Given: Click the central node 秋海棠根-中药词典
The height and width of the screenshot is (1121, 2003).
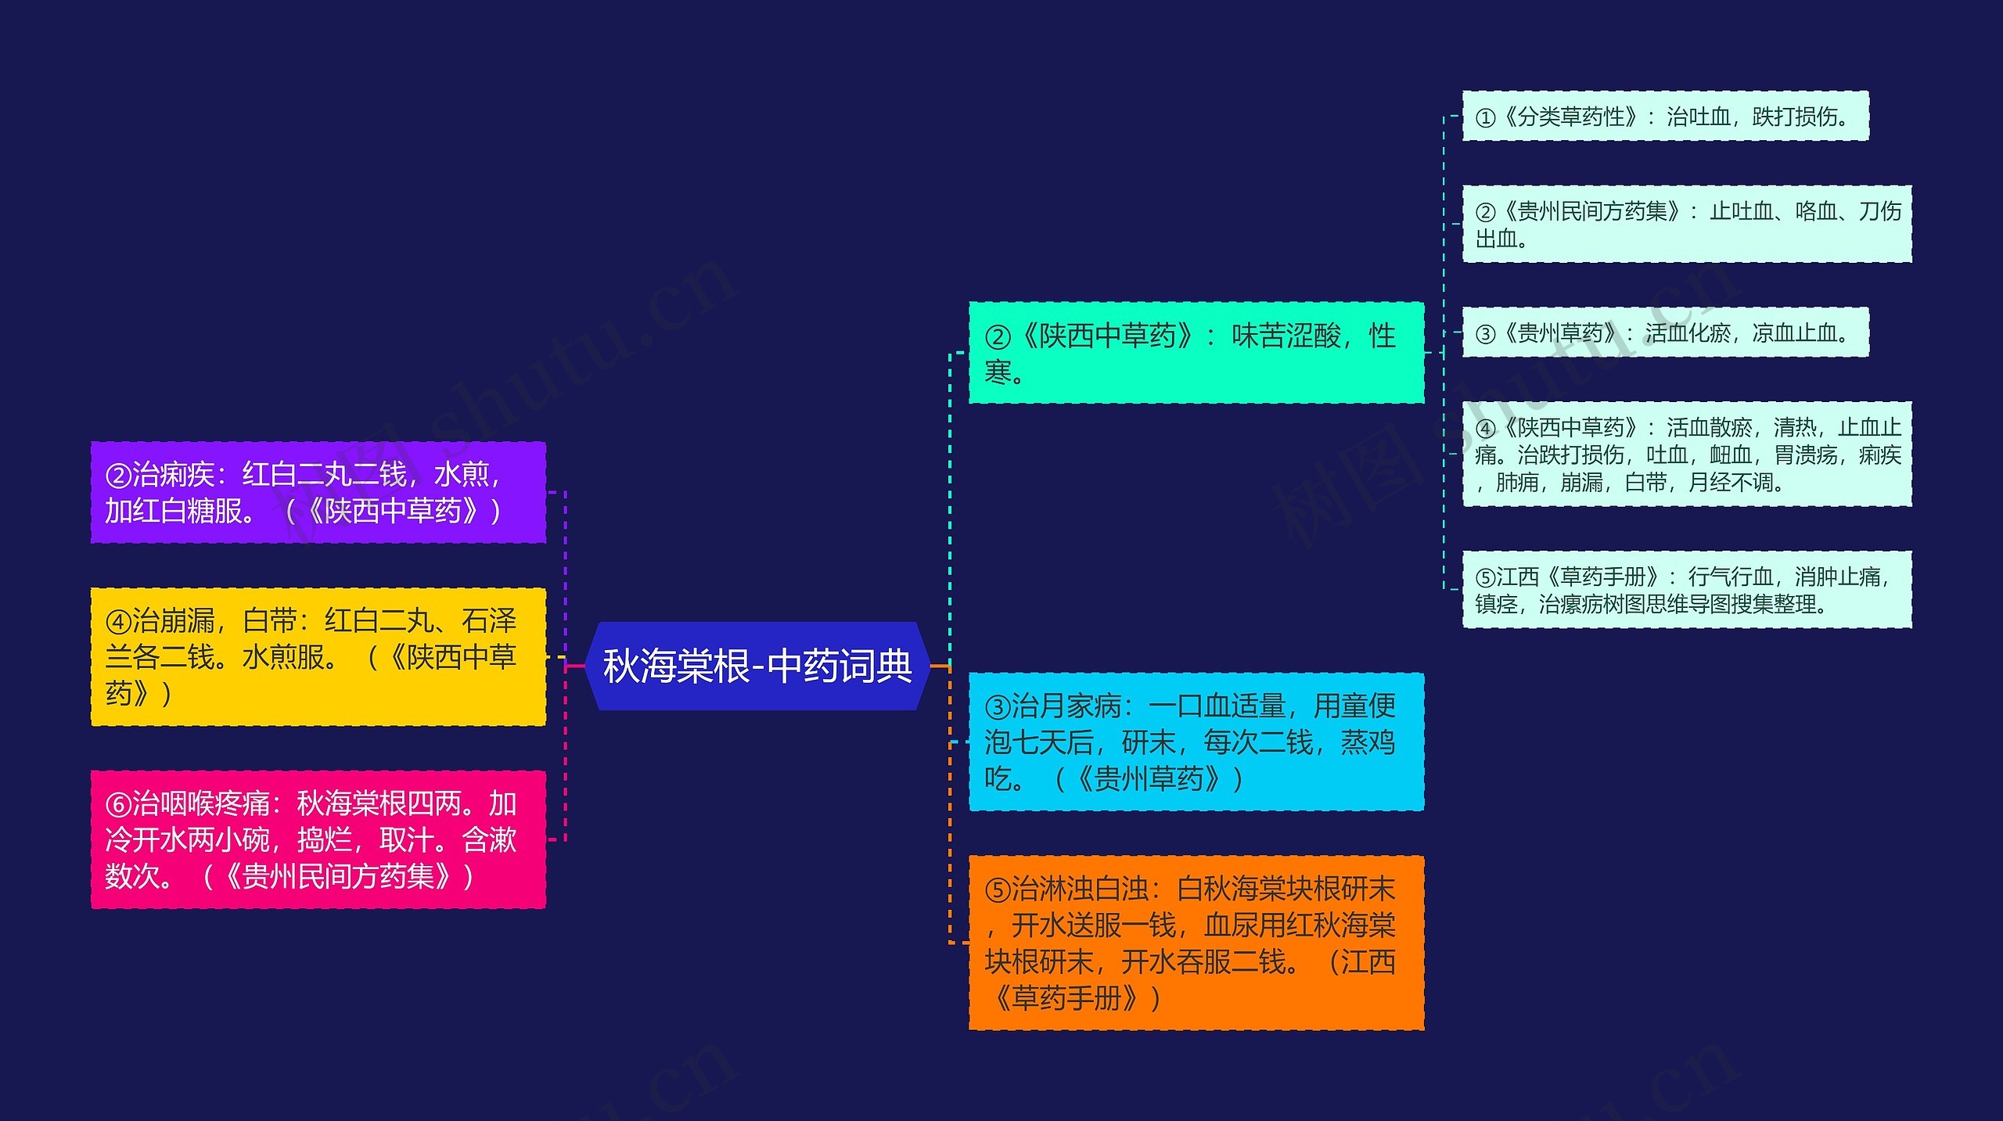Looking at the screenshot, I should pos(757,666).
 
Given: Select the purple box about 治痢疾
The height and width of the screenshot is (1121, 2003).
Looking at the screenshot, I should pos(318,492).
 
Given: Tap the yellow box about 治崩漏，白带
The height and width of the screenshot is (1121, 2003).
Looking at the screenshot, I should pos(318,656).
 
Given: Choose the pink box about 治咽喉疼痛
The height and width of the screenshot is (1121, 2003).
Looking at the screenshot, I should pos(318,839).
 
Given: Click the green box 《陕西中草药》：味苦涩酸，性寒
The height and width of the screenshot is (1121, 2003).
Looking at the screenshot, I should pos(1196,353).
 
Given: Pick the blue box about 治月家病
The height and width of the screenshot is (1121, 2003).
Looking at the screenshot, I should pos(1196,742).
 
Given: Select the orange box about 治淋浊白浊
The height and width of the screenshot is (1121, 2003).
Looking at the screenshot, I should pos(1196,943).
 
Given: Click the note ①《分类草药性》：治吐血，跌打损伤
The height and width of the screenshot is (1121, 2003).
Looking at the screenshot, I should pos(1665,117).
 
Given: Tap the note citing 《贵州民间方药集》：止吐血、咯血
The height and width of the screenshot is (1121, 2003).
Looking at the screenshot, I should pos(1687,224).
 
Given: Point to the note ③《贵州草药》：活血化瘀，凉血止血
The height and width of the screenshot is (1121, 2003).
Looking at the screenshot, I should pos(1665,333).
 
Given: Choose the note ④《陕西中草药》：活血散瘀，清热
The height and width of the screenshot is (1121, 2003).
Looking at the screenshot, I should pos(1687,454).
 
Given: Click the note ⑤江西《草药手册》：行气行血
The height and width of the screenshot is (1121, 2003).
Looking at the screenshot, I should pos(1687,590).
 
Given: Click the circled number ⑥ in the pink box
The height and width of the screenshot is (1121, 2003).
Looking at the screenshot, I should pos(117,804).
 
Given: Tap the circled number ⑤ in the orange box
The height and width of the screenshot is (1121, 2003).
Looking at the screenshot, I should pos(997,889).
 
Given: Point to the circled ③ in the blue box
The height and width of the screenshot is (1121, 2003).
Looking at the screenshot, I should pos(997,707).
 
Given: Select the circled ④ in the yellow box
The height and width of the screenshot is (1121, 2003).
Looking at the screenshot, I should pos(117,622).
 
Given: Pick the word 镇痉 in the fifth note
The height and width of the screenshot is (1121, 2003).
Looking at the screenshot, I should pos(1496,604).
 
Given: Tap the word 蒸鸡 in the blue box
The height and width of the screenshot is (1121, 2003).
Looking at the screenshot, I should pos(1368,742).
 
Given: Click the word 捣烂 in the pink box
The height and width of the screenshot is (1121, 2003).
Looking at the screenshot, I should pos(324,840).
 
